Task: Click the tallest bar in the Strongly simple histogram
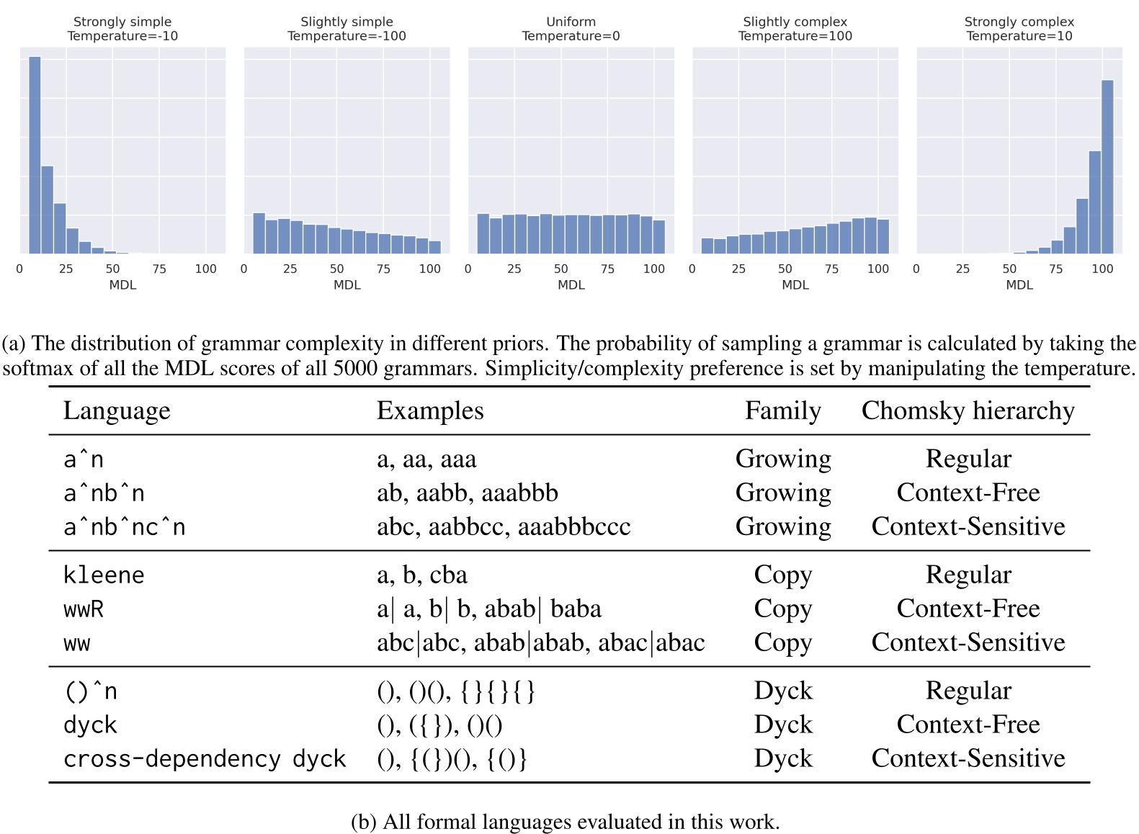[x=35, y=155]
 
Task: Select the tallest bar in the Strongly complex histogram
[x=1107, y=166]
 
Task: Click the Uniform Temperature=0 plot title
[x=571, y=29]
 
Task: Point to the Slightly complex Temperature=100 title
[x=795, y=29]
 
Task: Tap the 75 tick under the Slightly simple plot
[x=383, y=269]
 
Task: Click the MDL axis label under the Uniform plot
[x=571, y=285]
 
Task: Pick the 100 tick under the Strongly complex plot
[x=1102, y=269]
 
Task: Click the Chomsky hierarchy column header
[x=968, y=411]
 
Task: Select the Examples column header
[x=430, y=411]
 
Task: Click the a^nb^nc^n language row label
[x=124, y=527]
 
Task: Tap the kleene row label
[x=104, y=575]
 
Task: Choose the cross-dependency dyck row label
[x=205, y=759]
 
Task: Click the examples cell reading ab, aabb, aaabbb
[x=467, y=493]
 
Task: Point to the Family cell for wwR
[x=782, y=609]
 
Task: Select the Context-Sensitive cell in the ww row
[x=968, y=642]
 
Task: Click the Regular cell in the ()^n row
[x=968, y=691]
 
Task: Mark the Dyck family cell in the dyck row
[x=782, y=725]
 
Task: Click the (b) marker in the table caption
[x=363, y=822]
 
